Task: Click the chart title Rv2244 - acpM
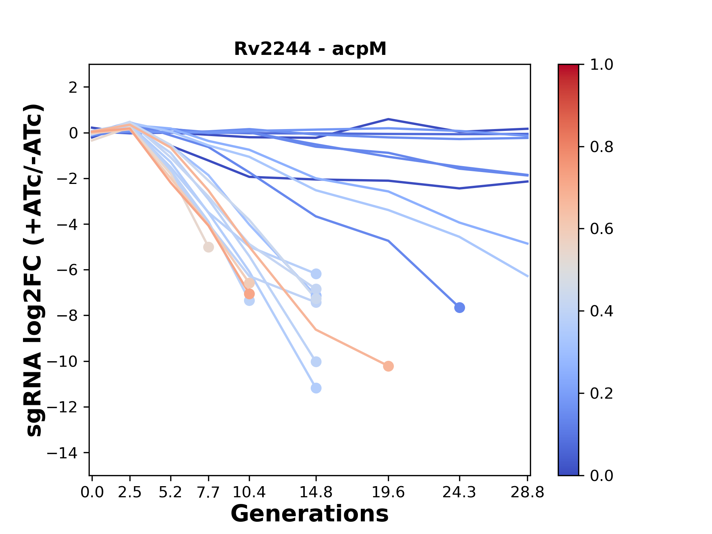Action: tap(310, 49)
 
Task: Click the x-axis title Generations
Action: tap(310, 514)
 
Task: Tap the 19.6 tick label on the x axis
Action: tap(388, 492)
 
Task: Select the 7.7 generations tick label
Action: tap(208, 492)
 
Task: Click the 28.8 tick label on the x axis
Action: tap(527, 492)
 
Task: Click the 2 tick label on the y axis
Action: tap(73, 88)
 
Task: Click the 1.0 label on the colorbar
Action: tap(601, 65)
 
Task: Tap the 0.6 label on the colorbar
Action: tap(601, 229)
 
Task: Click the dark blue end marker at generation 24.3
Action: tap(459, 308)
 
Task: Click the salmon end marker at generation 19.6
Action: tap(388, 366)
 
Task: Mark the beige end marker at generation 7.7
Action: tap(208, 247)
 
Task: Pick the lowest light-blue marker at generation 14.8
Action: tap(316, 388)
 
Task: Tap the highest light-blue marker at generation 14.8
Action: tap(316, 274)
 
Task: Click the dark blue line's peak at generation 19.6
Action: tap(388, 119)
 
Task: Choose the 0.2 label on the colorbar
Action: tap(601, 393)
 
